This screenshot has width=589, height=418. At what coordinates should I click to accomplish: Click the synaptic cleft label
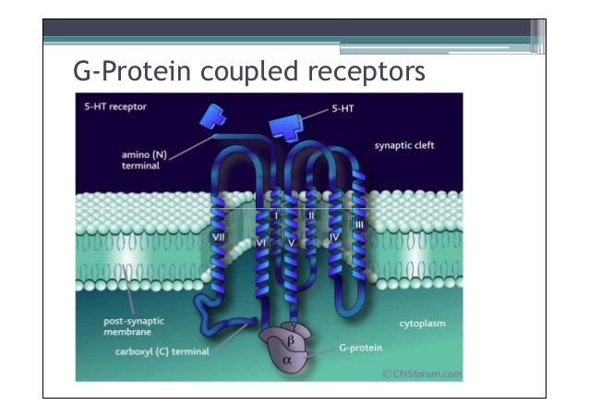pos(404,145)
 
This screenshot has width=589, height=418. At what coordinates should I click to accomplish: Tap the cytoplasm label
pos(422,325)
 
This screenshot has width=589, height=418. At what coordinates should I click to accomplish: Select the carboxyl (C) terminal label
pos(162,351)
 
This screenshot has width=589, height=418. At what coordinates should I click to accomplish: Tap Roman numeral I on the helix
pos(277,215)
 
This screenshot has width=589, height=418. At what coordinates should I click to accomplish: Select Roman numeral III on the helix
pos(359,225)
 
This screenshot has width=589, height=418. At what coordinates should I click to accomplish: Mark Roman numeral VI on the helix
pos(261,243)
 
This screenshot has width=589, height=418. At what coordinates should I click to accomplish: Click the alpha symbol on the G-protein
pos(298,361)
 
